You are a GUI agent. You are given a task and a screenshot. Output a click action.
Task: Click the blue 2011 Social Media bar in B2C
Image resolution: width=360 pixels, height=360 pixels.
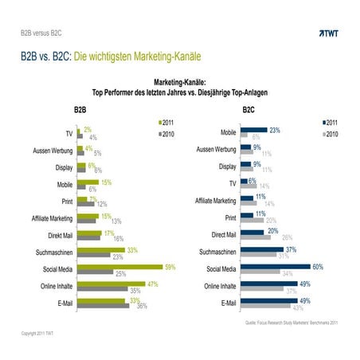(x=276, y=266)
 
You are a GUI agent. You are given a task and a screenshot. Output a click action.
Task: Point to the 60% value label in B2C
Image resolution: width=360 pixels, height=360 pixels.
(x=317, y=266)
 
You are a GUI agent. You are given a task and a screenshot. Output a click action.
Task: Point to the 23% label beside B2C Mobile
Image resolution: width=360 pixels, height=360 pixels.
(x=274, y=129)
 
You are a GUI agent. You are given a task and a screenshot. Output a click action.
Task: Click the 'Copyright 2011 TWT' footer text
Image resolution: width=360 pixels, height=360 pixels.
(x=37, y=332)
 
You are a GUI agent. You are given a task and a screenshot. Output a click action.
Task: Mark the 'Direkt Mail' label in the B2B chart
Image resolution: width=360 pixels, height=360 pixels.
(x=56, y=236)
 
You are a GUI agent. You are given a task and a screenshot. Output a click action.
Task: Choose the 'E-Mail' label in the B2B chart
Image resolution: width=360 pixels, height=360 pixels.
(x=61, y=304)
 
